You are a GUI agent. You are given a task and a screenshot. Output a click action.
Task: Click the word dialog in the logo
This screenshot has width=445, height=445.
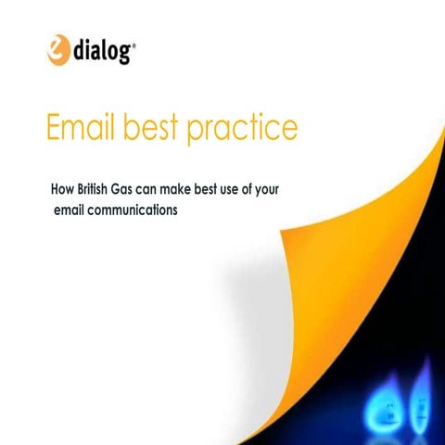[x=102, y=49]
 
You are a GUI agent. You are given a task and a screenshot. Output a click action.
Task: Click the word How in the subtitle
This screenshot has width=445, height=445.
[x=62, y=191]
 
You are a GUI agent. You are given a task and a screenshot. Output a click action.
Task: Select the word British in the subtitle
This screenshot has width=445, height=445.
[x=98, y=191]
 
